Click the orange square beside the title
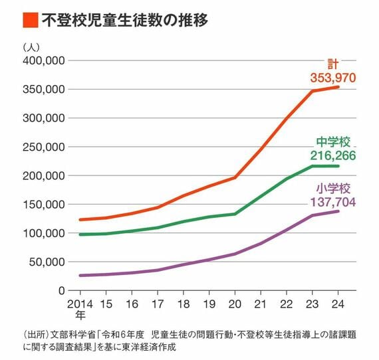(31, 20)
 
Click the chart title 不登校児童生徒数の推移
(125, 20)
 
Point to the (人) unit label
(31, 47)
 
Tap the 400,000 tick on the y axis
(44, 60)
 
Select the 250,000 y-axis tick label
(44, 147)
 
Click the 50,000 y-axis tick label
(47, 262)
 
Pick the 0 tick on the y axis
(62, 291)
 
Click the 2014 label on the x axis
(80, 304)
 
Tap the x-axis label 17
(158, 304)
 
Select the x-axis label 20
(235, 304)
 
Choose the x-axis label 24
(338, 304)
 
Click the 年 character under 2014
(80, 315)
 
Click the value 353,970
(333, 78)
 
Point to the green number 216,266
(333, 155)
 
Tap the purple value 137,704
(333, 202)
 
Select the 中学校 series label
(333, 142)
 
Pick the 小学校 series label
(333, 189)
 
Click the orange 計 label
(333, 64)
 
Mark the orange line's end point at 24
(338, 87)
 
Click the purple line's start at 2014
(80, 276)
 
